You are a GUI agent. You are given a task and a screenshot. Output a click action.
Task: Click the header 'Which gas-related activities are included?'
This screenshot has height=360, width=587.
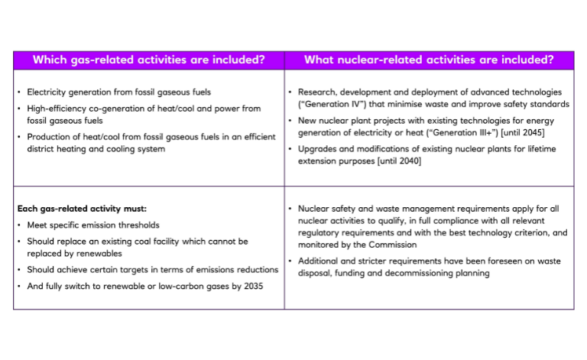(149, 60)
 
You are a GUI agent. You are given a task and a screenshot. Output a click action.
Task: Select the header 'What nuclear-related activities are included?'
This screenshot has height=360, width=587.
(429, 60)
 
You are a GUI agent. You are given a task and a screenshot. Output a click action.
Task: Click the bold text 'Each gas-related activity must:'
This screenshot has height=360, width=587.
(82, 208)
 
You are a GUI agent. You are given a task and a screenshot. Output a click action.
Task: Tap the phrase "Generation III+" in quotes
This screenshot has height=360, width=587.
(467, 132)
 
